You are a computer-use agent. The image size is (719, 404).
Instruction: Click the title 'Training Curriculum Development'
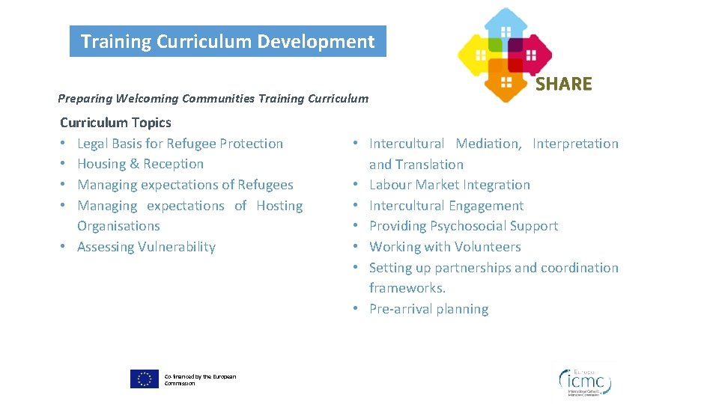(x=228, y=41)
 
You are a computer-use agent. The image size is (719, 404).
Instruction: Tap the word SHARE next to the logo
(x=563, y=84)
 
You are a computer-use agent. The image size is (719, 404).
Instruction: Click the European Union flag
(x=144, y=379)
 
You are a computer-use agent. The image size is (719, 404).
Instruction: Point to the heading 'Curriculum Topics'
(x=115, y=123)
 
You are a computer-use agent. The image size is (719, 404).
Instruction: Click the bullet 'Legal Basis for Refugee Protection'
(x=180, y=144)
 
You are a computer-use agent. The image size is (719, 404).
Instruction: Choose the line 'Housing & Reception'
(x=140, y=164)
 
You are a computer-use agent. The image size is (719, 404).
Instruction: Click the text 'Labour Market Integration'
(x=449, y=185)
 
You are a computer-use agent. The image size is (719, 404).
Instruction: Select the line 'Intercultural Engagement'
(x=446, y=206)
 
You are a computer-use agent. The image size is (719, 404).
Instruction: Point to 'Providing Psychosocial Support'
(x=464, y=226)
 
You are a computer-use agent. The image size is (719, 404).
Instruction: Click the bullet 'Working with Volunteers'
(x=445, y=247)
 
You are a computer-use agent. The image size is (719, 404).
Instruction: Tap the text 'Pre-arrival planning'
(x=428, y=309)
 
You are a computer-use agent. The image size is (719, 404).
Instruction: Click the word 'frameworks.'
(x=407, y=288)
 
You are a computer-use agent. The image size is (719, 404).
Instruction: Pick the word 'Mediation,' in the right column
(x=488, y=144)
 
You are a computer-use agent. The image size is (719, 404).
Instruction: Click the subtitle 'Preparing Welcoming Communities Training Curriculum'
(x=213, y=98)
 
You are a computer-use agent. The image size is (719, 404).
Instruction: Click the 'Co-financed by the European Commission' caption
(x=200, y=380)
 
